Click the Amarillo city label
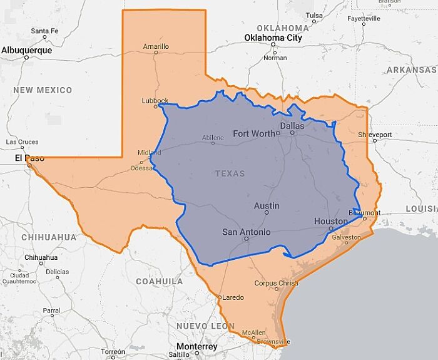coord(156,46)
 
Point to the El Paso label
coord(29,158)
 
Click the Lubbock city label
coord(155,101)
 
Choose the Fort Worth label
coord(253,133)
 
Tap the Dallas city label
coord(292,126)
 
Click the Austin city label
coord(267,205)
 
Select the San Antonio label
coord(247,232)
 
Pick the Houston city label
coord(330,222)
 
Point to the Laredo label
coord(233,297)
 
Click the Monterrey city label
coord(196,346)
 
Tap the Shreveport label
coord(375,135)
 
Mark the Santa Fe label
coord(44,31)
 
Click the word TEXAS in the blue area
coord(230,173)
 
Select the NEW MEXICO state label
coord(43,90)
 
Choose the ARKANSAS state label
coord(411,69)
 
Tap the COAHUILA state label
coord(160,281)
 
